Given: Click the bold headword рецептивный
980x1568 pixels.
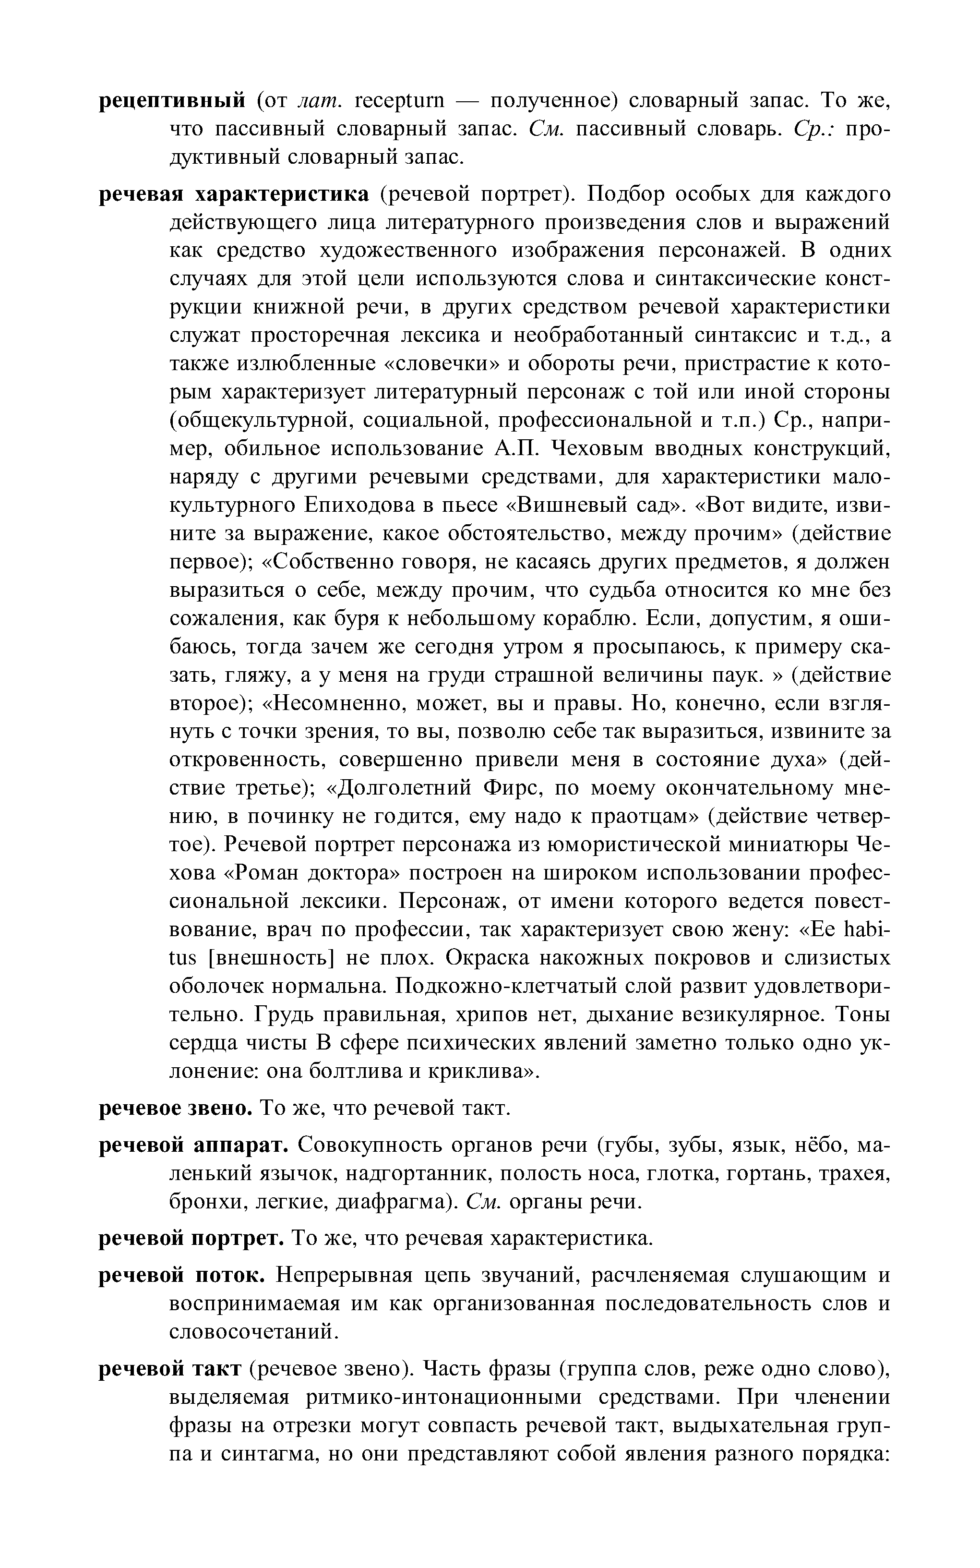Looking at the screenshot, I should [x=172, y=101].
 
